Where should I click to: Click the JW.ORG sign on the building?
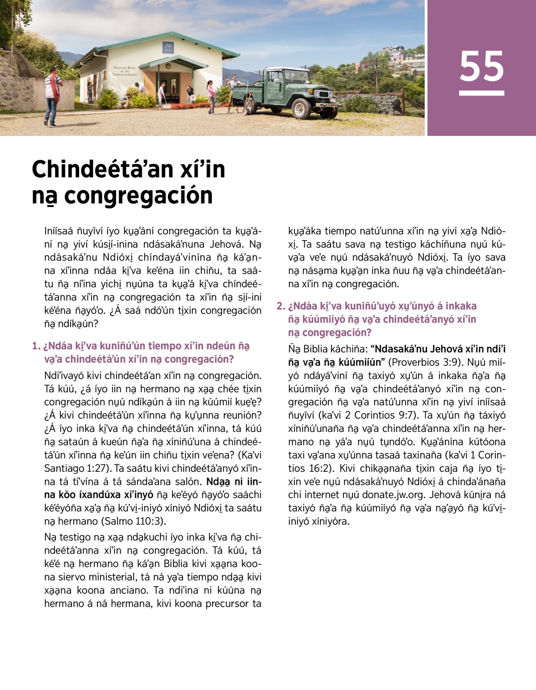(x=168, y=48)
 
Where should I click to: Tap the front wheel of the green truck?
(x=301, y=108)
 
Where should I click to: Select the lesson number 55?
(x=482, y=67)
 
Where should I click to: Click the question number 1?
(x=36, y=346)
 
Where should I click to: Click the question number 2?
(x=280, y=306)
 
